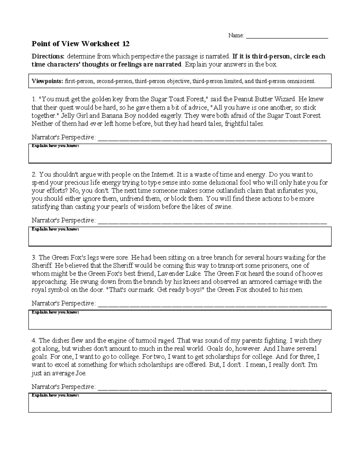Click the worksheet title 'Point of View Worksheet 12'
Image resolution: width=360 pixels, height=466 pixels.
pos(81,44)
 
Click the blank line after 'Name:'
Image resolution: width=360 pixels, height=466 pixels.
pos(287,36)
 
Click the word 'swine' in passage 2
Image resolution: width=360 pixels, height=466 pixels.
pos(224,207)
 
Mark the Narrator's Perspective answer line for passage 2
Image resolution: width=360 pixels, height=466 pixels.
pos(212,221)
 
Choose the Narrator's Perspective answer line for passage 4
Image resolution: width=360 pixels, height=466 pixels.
pos(212,388)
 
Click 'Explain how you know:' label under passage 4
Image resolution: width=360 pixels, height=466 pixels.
pos(55,395)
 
